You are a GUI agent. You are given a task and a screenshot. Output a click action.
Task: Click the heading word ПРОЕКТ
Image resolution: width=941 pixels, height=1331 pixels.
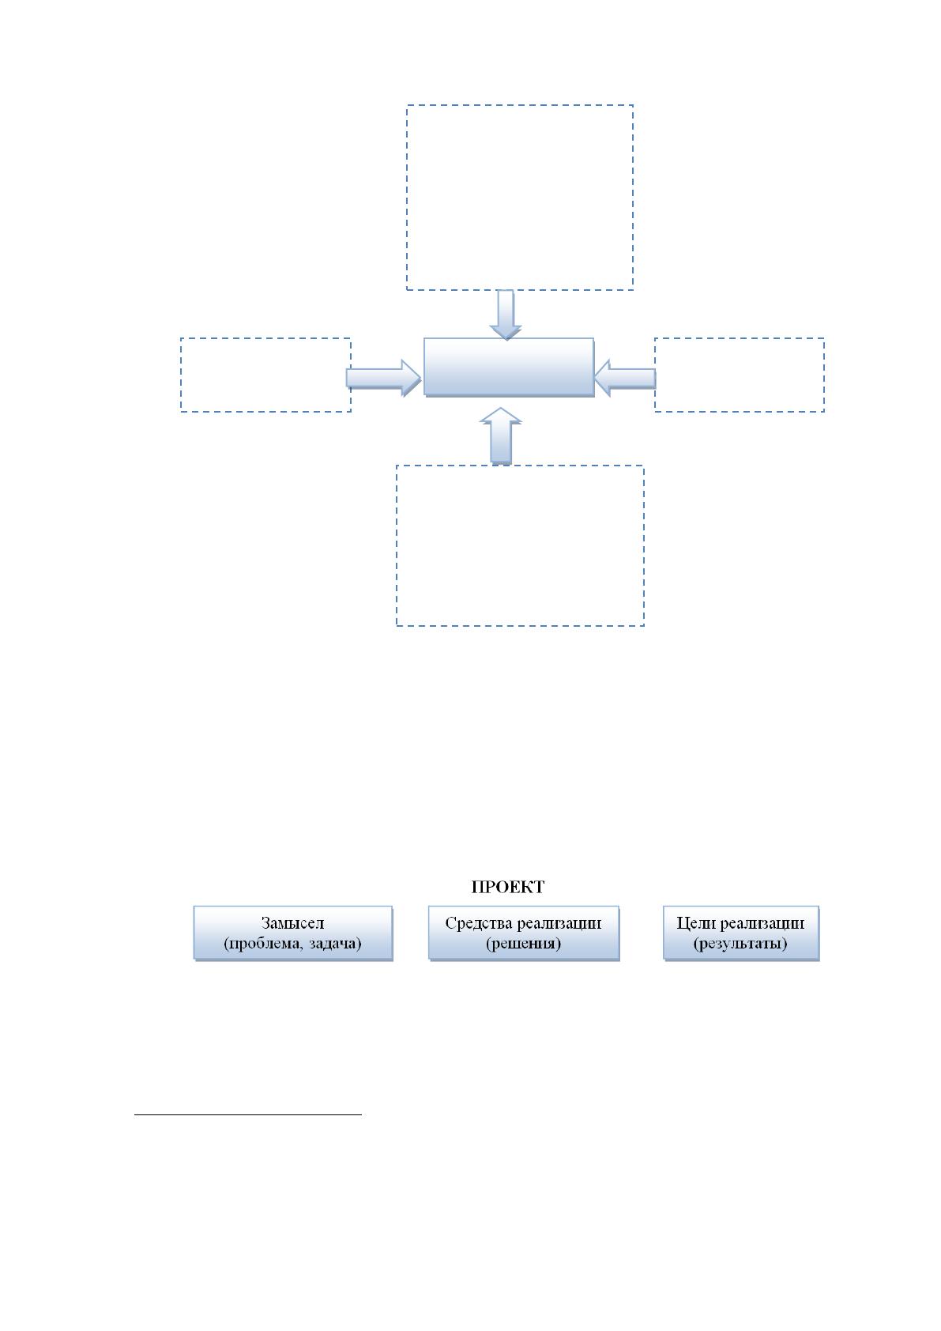tap(507, 887)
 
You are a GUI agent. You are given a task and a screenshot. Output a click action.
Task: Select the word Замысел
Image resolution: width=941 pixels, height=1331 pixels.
tap(292, 923)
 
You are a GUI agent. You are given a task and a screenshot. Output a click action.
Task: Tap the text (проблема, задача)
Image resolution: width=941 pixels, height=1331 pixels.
tap(292, 944)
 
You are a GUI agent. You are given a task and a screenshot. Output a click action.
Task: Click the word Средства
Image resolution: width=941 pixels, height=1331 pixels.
tap(479, 923)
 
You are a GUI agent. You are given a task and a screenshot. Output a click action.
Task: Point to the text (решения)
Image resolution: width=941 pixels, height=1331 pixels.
tap(523, 944)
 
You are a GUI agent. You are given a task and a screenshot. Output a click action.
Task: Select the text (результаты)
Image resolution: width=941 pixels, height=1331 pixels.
tap(740, 944)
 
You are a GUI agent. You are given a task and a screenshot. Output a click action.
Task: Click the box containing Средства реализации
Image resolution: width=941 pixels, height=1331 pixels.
tap(524, 933)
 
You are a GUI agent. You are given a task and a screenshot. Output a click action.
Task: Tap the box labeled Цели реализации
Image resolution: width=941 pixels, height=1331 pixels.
tap(741, 933)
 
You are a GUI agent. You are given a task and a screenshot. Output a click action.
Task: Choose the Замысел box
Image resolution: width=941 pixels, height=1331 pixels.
tap(293, 933)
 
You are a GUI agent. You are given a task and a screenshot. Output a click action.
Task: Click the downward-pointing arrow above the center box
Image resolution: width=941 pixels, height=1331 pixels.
tap(506, 315)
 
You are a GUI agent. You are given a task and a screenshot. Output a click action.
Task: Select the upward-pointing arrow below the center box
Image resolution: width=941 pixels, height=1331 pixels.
tap(501, 435)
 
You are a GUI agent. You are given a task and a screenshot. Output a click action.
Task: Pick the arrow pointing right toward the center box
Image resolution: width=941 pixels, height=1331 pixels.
tap(384, 378)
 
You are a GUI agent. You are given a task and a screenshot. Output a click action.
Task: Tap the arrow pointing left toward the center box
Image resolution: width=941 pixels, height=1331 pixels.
tap(624, 378)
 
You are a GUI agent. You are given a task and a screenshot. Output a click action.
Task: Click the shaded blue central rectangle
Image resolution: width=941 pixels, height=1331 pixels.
tap(509, 368)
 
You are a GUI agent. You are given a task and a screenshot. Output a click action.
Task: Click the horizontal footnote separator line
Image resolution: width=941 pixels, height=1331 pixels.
tap(248, 1114)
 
